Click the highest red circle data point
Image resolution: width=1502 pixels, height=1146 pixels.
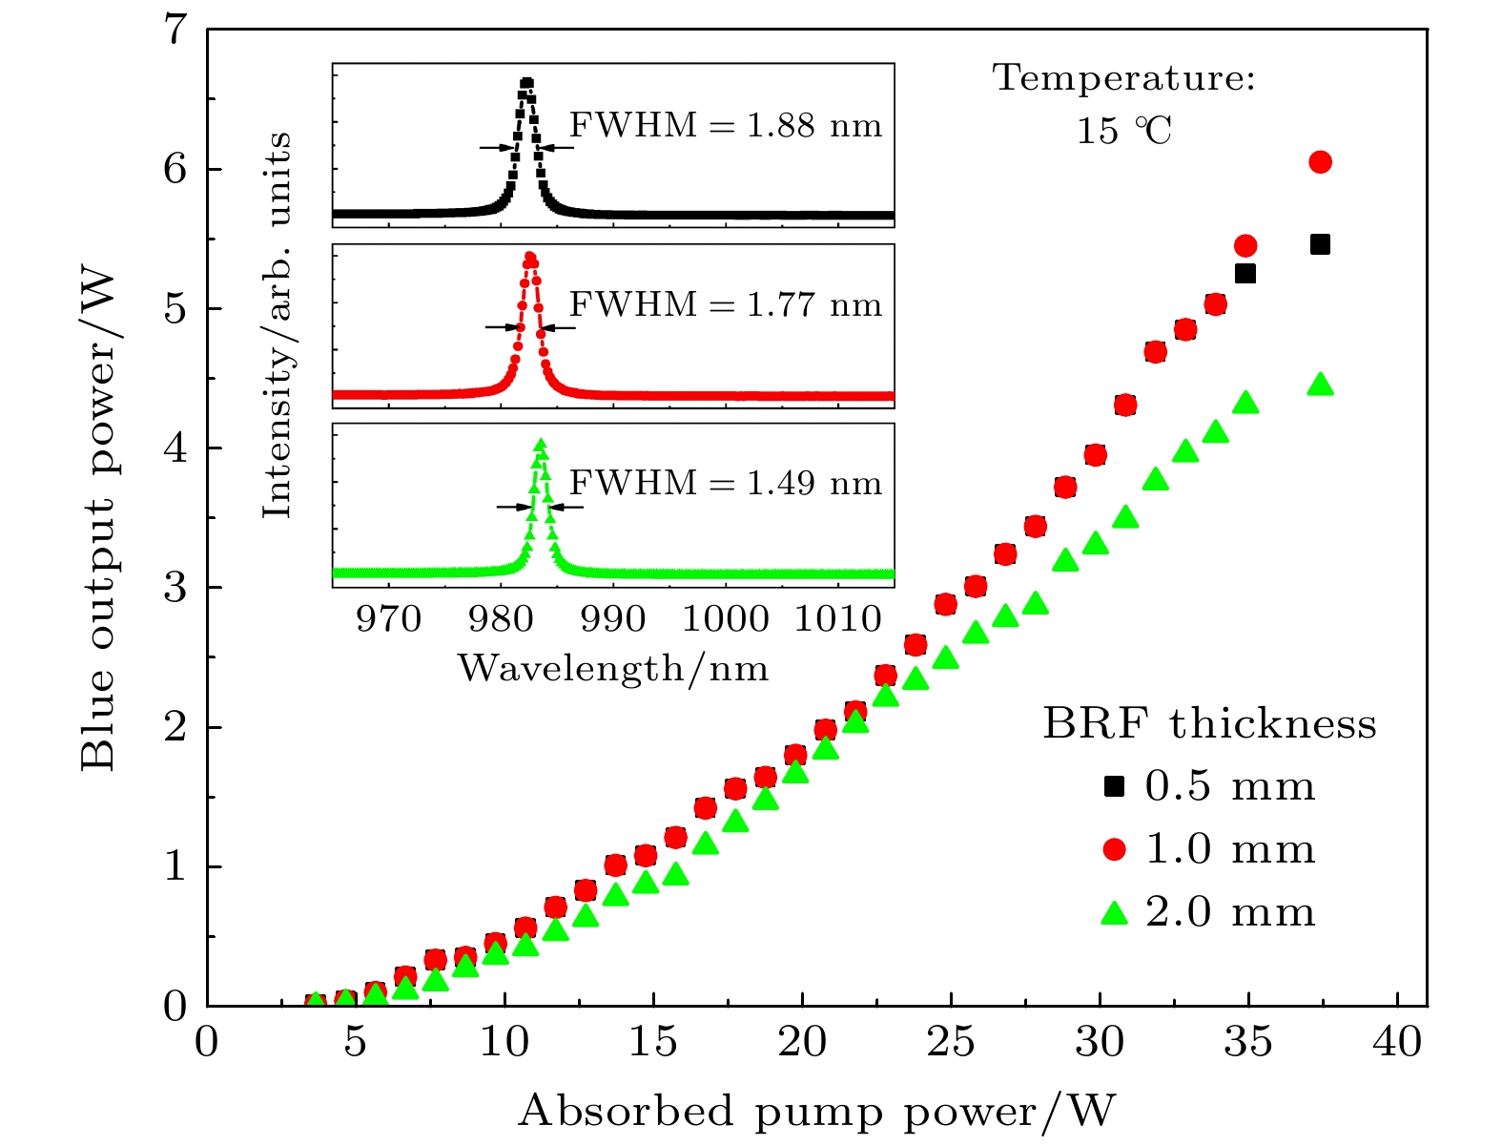point(1320,162)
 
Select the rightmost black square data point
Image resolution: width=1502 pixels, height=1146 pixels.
point(1320,245)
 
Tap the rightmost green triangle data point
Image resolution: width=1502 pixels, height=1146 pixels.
point(1320,385)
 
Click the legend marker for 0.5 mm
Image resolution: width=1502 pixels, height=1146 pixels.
point(1113,786)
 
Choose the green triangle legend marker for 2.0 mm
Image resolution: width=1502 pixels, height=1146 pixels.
point(1113,913)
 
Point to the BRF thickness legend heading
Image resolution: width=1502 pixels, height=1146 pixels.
point(1209,724)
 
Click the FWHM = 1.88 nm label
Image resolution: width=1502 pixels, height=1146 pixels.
point(726,126)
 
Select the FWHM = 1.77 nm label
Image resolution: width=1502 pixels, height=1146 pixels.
point(726,305)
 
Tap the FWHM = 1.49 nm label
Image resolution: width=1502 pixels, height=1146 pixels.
point(726,484)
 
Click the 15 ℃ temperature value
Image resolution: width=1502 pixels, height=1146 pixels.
point(1124,131)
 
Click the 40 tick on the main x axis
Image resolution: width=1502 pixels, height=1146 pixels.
point(1397,1041)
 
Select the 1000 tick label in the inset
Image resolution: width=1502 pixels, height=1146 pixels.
point(725,619)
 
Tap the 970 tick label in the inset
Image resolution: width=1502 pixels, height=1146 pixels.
point(388,619)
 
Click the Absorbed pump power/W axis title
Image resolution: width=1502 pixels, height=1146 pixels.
point(816,1112)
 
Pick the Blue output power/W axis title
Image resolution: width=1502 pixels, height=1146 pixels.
point(97,520)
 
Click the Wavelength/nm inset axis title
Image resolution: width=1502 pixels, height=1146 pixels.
point(613,668)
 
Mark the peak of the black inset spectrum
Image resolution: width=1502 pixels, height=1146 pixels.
point(525,83)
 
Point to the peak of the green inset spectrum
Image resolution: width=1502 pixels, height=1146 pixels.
point(540,444)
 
